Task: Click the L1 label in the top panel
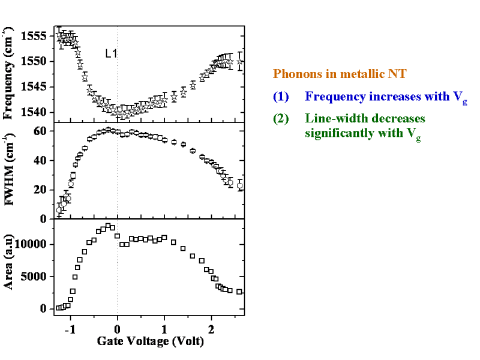112,53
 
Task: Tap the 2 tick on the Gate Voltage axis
211,330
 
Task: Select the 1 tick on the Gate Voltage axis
164,330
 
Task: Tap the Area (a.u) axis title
10,266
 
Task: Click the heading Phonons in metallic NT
340,74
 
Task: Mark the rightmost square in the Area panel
239,292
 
